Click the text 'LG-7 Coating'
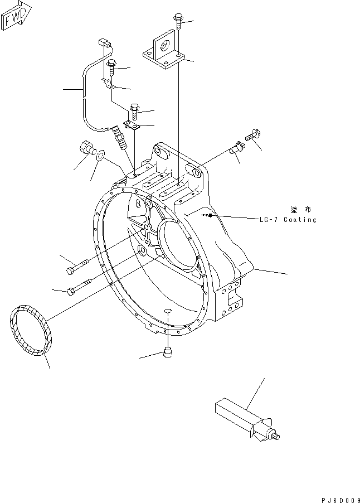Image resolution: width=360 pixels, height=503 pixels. (288, 220)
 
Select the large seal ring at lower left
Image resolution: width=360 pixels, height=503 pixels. (30, 330)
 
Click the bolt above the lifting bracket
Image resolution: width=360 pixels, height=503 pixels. (178, 20)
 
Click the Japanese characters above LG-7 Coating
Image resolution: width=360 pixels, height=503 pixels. (301, 209)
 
